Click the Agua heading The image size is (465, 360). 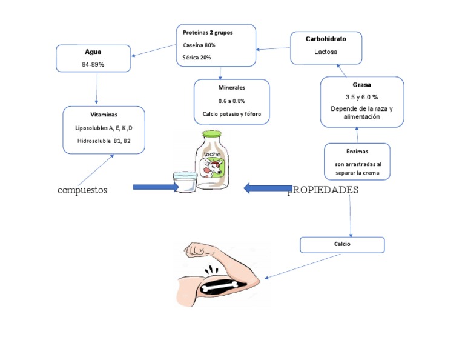pyautogui.click(x=93, y=52)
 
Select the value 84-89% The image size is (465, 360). pyautogui.click(x=93, y=64)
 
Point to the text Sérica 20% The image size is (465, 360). pyautogui.click(x=197, y=58)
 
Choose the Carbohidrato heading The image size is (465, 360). pyautogui.click(x=326, y=38)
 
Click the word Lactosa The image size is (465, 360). pyautogui.click(x=326, y=52)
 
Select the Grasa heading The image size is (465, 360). pyautogui.click(x=361, y=85)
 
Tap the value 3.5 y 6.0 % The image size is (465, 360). pyautogui.click(x=361, y=97)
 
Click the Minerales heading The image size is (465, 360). pyautogui.click(x=231, y=88)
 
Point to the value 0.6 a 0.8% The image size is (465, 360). pyautogui.click(x=231, y=101)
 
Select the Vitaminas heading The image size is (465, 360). pyautogui.click(x=104, y=114)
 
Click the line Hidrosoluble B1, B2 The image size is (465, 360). pyautogui.click(x=104, y=141)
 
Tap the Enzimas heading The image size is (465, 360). pyautogui.click(x=358, y=151)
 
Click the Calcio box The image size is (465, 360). pyautogui.click(x=342, y=244)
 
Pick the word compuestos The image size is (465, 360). pyautogui.click(x=82, y=190)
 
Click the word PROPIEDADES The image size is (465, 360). pyautogui.click(x=323, y=190)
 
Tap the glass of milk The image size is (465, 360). pyautogui.click(x=185, y=182)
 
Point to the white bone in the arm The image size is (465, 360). pyautogui.click(x=222, y=285)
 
